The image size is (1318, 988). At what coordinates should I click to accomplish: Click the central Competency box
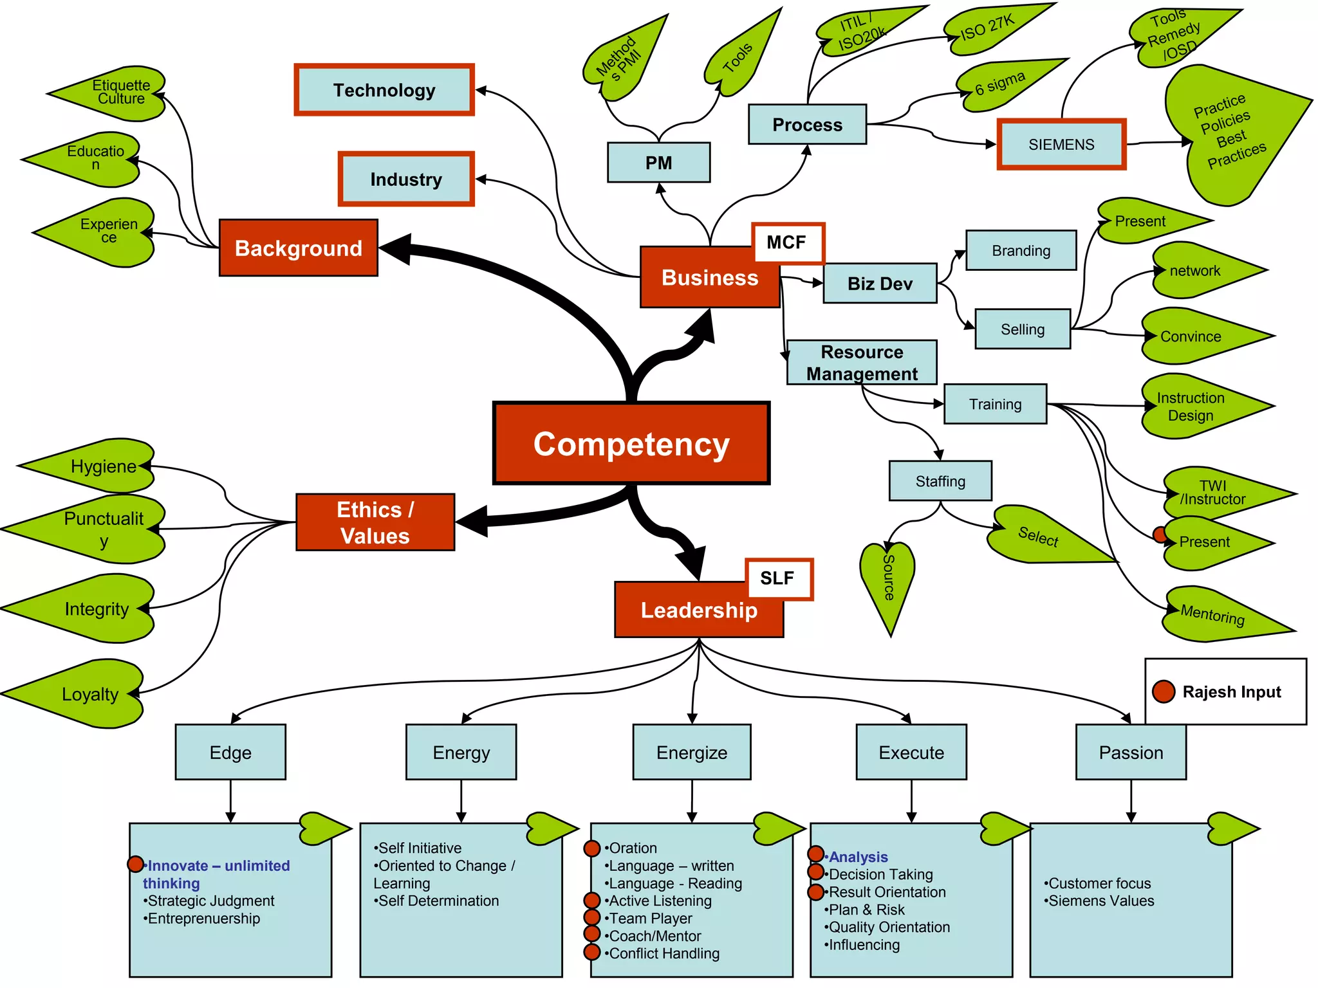coord(631,444)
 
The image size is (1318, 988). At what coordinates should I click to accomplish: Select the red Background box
coord(299,248)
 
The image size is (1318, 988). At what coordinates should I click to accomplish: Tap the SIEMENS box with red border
coord(1061,145)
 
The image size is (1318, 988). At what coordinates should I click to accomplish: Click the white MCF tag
coord(786,242)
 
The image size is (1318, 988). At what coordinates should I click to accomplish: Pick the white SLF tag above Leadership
coord(777,578)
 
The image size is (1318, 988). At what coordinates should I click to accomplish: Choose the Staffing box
coord(940,481)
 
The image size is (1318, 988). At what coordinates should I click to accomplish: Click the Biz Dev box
coord(880,284)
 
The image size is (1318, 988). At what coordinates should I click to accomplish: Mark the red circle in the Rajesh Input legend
coord(1164,692)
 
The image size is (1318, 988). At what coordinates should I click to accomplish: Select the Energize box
coord(692,753)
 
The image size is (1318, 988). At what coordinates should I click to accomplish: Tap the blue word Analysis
coord(859,857)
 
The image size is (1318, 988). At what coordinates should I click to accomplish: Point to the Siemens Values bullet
coord(1101,901)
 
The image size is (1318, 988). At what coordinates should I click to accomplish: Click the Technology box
coord(384,90)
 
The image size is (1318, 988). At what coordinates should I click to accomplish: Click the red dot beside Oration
coord(592,848)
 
